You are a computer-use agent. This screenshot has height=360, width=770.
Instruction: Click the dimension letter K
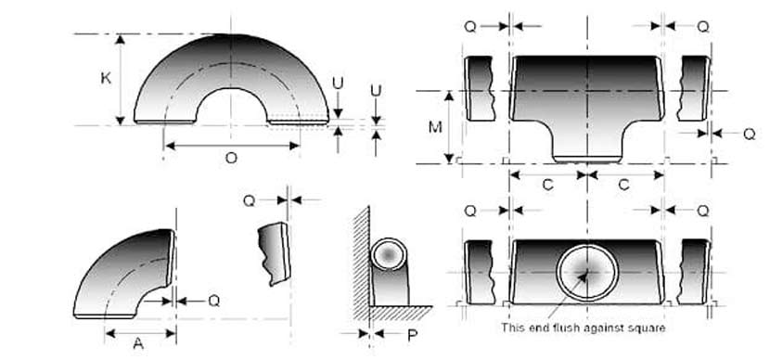(x=106, y=79)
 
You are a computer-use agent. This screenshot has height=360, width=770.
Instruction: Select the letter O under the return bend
(x=231, y=158)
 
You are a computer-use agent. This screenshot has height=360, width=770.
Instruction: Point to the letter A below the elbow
(x=138, y=343)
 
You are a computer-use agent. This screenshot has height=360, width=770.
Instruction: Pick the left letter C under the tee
(x=547, y=185)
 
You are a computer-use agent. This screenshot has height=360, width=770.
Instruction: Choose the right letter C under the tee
(x=623, y=185)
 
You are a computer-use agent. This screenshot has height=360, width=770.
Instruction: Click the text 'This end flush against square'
(x=584, y=327)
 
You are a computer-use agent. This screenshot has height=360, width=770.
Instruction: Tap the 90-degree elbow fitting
(x=125, y=274)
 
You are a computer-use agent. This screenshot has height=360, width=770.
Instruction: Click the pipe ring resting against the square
(x=389, y=254)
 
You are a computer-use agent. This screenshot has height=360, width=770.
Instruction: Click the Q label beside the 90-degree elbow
(x=213, y=300)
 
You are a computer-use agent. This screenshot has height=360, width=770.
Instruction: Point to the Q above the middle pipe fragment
(x=249, y=199)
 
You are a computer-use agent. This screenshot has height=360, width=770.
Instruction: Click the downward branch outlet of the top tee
(x=586, y=144)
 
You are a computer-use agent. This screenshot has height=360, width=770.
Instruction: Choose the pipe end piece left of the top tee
(x=479, y=88)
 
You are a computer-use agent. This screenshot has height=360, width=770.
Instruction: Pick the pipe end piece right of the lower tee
(x=694, y=272)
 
